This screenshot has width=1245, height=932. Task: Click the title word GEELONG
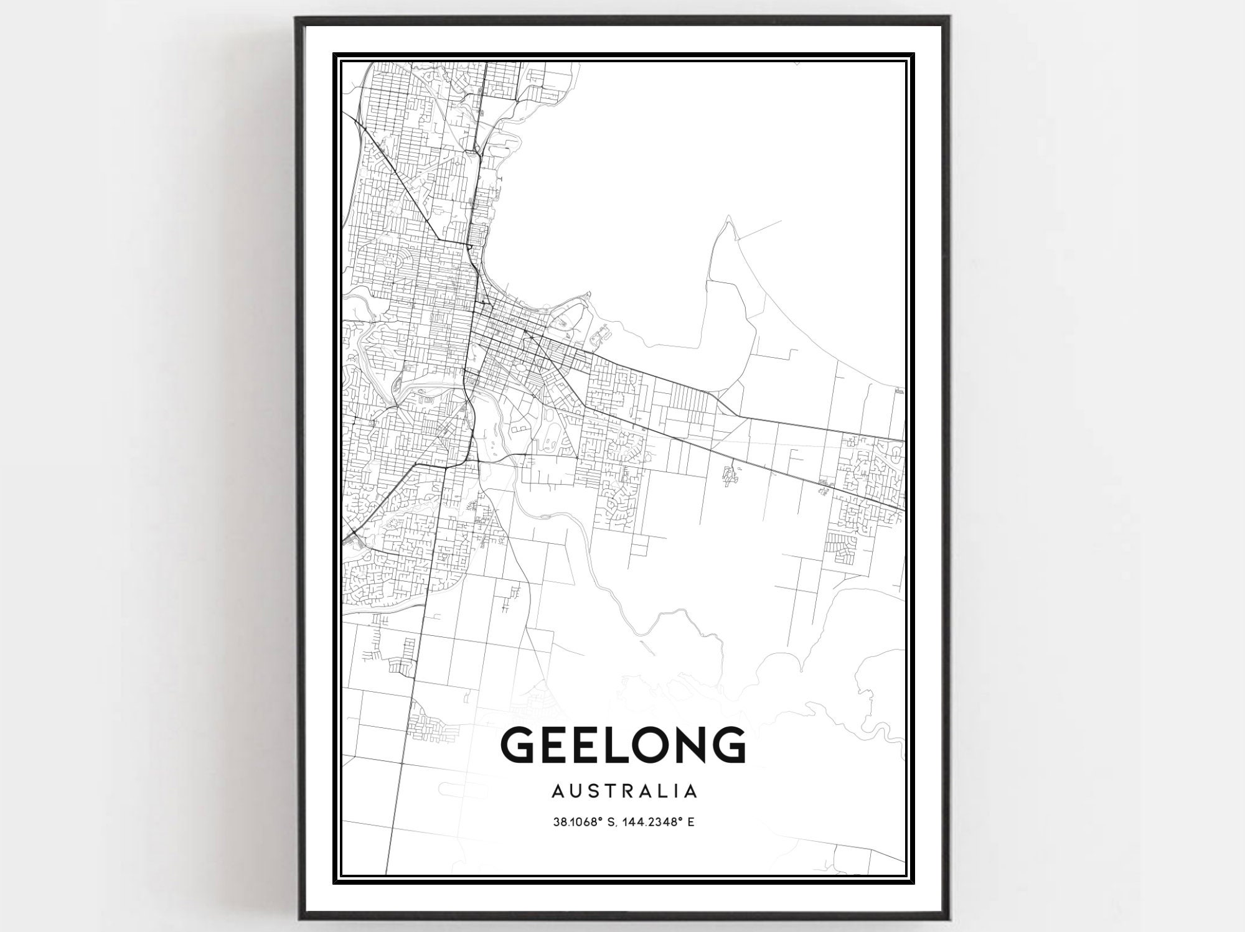[x=622, y=745]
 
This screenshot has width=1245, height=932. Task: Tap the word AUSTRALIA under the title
[x=624, y=791]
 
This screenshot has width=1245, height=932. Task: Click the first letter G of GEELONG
[x=518, y=745]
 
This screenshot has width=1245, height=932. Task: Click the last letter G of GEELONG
[x=728, y=745]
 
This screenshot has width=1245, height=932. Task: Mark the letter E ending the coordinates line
[x=690, y=822]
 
